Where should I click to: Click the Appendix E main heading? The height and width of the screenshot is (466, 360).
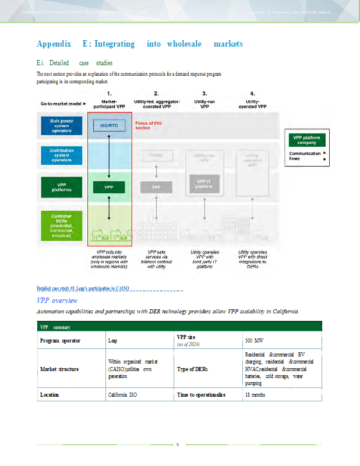pos(140,44)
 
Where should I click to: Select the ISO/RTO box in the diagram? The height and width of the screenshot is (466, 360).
pos(109,125)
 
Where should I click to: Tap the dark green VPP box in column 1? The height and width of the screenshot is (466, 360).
pos(109,187)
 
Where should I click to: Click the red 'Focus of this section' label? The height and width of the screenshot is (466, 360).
pos(149,125)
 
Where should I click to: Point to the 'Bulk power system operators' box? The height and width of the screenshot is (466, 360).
pos(61,126)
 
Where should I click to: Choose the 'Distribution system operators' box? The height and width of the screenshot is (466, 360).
pos(61,156)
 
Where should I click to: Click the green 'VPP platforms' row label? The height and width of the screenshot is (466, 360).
pos(61,187)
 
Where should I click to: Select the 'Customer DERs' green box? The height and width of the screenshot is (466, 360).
pos(61,225)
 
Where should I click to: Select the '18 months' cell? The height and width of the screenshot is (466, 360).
pos(255,395)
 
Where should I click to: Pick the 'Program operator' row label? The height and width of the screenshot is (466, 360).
pos(60,341)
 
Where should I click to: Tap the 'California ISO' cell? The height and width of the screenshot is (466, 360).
pos(122,395)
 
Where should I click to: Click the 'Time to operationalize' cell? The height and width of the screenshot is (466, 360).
pos(201,395)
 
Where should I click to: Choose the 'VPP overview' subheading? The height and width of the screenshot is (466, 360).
pos(57,301)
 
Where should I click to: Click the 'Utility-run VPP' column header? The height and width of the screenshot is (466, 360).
pos(204,100)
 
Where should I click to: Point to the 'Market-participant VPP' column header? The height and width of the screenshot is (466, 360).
pos(110,100)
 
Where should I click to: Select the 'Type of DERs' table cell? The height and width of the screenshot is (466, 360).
pos(192,369)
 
